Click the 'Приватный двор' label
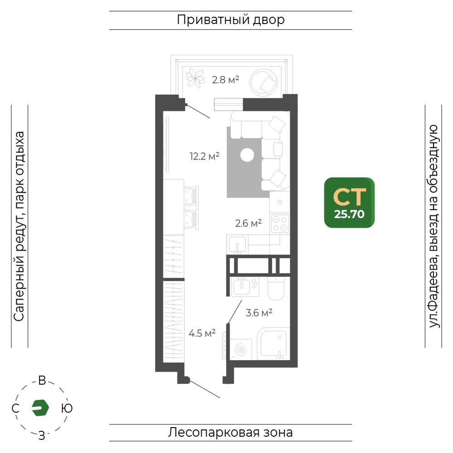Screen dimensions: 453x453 coord(231,20)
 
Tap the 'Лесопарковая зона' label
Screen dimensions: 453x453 coord(230,433)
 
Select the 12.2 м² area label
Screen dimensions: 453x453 coord(205,156)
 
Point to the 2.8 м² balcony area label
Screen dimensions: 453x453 coord(225,79)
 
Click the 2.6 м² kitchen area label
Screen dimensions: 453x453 coord(248,223)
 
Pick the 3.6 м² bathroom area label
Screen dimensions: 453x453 coord(259,313)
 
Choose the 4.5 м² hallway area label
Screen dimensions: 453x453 coord(202,333)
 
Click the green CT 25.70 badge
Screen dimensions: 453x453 coord(349,202)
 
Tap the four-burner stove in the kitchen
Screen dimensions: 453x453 coord(280,224)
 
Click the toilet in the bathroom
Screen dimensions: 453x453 coord(276,289)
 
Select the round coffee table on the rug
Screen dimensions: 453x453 coord(247,155)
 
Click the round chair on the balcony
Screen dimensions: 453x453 coord(263,82)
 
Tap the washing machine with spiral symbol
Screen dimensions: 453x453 coord(241,350)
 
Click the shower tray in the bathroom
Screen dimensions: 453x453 coord(274,343)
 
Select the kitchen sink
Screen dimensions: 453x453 coord(237,245)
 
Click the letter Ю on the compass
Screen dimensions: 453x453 coord(67,409)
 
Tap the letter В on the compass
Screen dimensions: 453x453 coord(42,381)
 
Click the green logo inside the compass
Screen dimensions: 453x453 coord(40,408)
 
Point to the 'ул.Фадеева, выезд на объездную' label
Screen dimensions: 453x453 coord(434,226)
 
